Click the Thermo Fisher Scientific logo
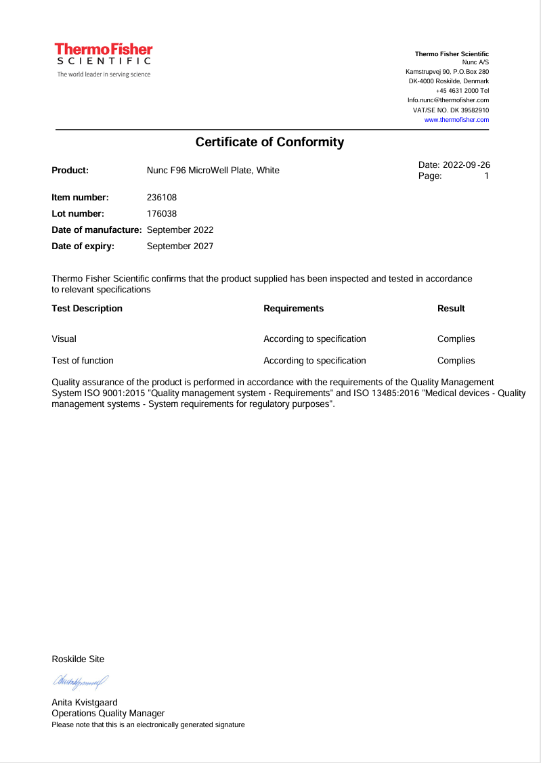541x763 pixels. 104,60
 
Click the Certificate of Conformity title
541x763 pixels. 269,142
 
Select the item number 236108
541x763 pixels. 162,198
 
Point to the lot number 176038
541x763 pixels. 162,214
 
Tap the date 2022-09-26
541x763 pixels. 467,165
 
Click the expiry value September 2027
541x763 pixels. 180,246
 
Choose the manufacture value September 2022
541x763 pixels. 180,230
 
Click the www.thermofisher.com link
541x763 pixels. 456,120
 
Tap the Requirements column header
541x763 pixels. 293,309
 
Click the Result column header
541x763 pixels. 451,309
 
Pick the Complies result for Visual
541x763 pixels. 456,339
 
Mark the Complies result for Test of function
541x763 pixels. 456,361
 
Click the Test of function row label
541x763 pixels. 83,361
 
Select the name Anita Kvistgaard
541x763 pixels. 84,703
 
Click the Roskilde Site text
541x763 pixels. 78,659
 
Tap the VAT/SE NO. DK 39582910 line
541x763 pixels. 450,110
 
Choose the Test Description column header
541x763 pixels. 87,309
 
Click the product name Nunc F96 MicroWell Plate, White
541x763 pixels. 213,171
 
